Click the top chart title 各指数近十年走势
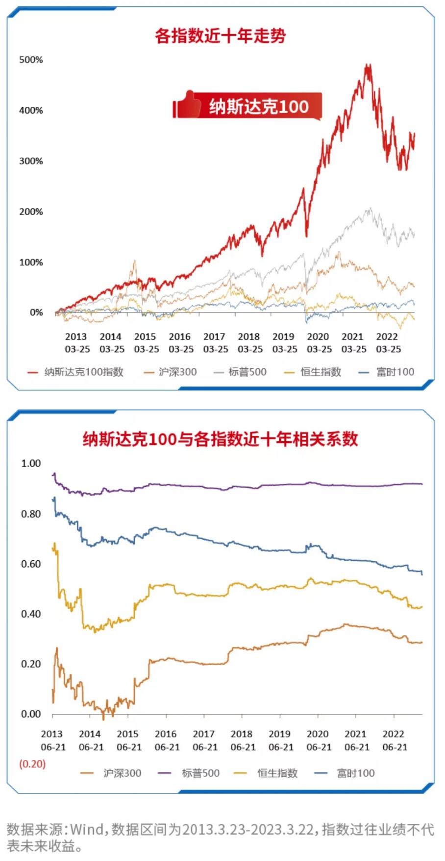tap(220, 36)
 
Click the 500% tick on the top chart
tap(31, 60)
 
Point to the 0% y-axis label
tap(36, 312)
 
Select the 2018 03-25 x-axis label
tap(249, 343)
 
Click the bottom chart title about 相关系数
tap(220, 439)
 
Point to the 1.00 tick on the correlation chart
tap(31, 463)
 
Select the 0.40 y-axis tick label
tap(31, 614)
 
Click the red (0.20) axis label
tap(32, 764)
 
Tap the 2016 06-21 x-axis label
tap(167, 741)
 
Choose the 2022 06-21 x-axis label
tap(395, 741)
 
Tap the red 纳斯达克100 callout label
tap(259, 106)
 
